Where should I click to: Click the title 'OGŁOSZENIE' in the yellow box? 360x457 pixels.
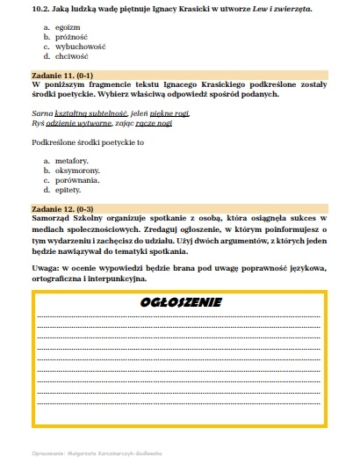tap(180, 302)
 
